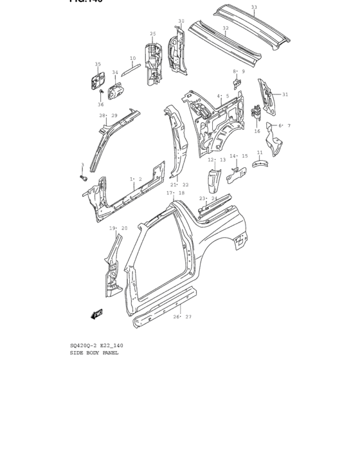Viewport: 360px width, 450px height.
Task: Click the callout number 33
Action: (254, 7)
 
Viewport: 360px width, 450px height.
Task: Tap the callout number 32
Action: (225, 28)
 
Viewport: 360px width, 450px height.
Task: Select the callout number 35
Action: (98, 64)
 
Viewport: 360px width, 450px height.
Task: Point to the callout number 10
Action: (132, 59)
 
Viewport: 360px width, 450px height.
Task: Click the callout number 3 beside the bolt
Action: (82, 165)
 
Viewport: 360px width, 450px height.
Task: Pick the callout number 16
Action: (256, 131)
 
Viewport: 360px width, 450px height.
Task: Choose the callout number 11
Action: (260, 152)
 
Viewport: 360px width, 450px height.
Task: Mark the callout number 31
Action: (285, 94)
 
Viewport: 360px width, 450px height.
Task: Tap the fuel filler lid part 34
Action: (116, 93)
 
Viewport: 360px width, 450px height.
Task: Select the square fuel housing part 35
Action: (97, 82)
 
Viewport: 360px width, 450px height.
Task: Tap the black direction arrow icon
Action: (98, 313)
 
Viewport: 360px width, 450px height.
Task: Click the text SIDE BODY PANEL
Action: (94, 353)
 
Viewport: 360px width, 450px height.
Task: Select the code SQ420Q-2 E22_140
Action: (96, 346)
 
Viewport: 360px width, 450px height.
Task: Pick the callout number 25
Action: (153, 34)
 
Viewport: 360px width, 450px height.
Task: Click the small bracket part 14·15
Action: (236, 170)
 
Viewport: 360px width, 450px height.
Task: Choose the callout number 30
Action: (181, 21)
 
